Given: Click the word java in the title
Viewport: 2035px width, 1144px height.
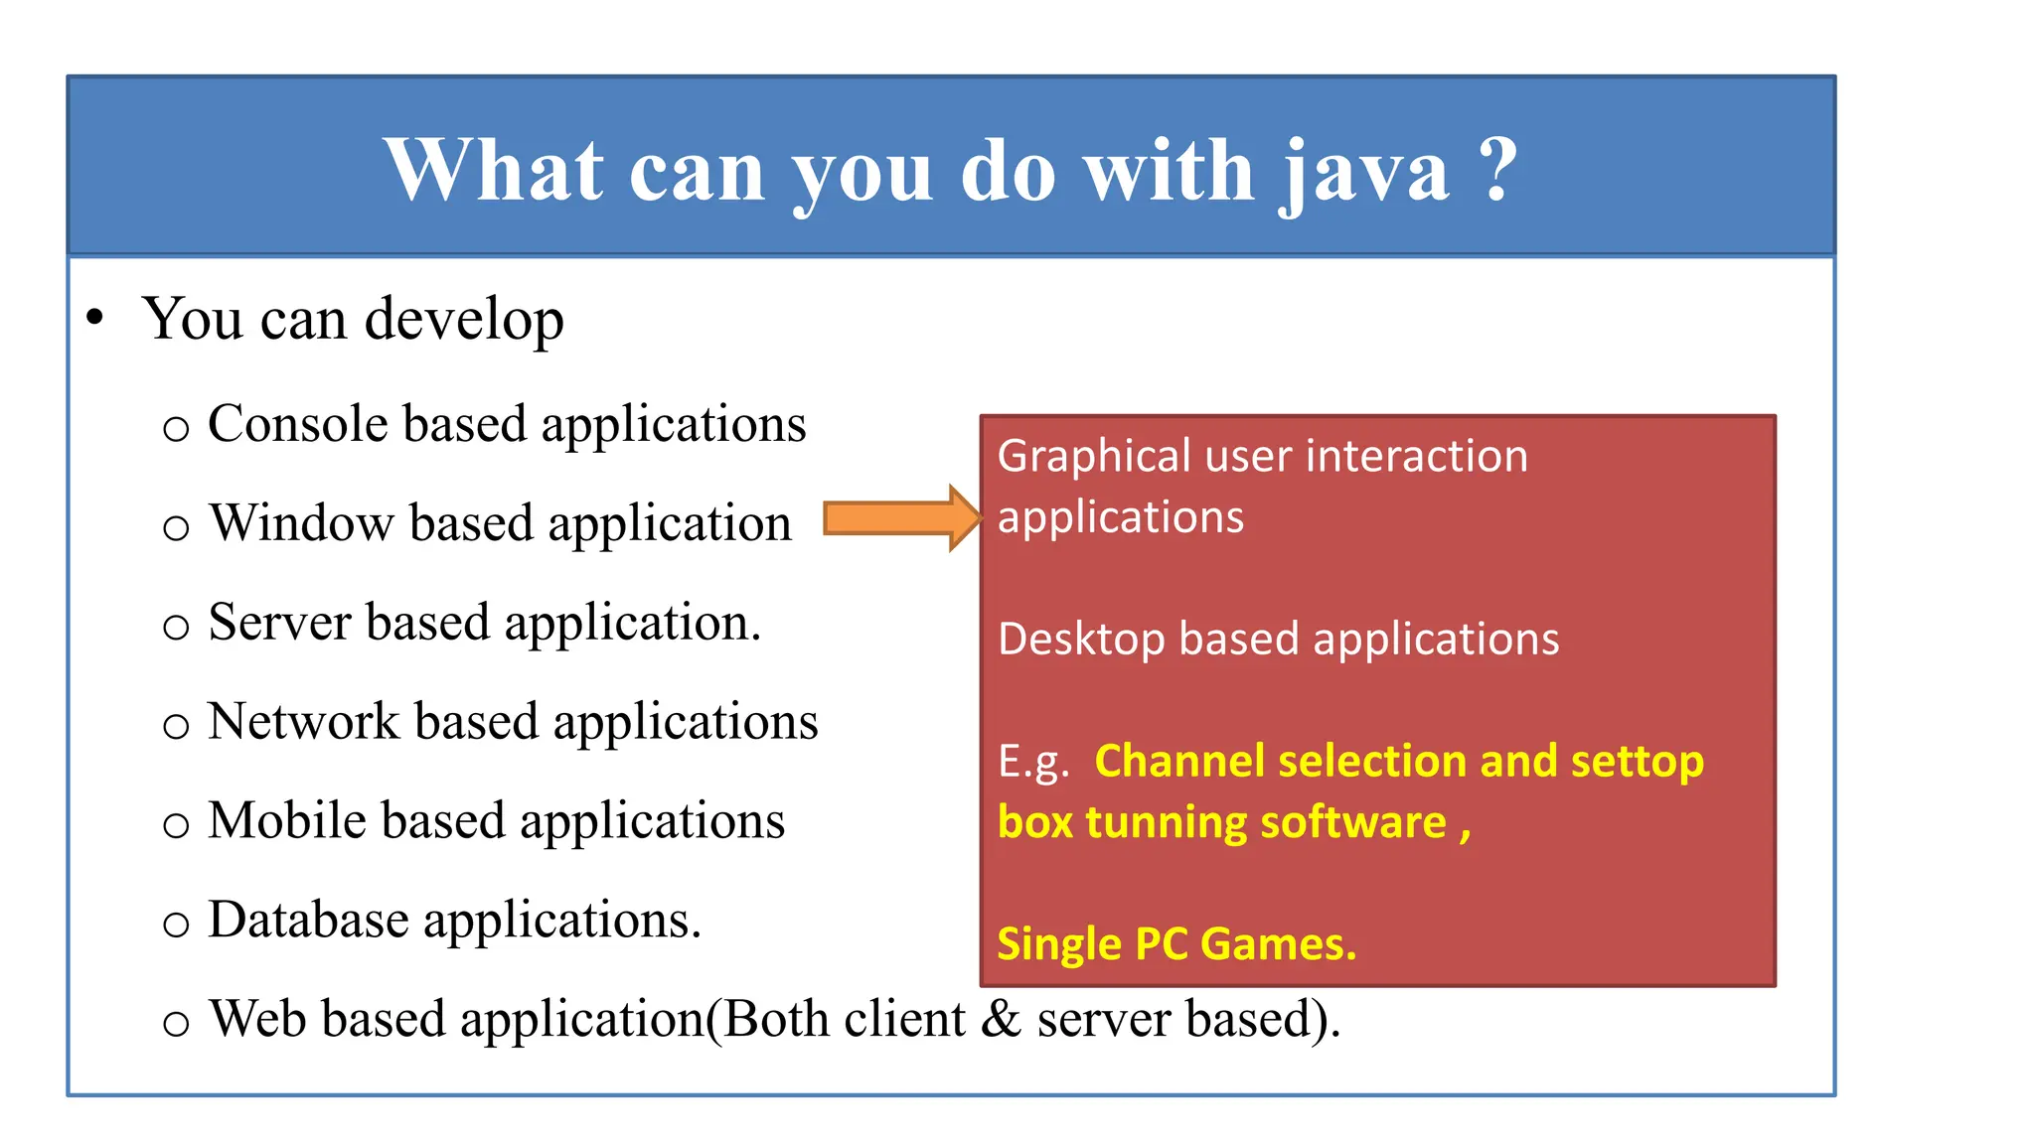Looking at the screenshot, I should coord(1363,172).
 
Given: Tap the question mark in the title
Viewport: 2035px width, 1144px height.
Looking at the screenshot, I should coord(1497,169).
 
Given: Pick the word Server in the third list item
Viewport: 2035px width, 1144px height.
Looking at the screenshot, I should coord(280,623).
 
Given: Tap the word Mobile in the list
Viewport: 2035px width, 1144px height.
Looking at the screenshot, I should coord(287,821).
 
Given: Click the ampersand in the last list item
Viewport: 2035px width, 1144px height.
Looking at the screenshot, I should coord(1000,1020).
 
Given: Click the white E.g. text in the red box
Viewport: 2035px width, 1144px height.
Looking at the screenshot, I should coord(1033,763).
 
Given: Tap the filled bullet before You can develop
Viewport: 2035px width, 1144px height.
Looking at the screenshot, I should coord(94,319).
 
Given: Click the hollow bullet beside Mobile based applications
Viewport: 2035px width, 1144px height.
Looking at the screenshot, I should coord(176,825).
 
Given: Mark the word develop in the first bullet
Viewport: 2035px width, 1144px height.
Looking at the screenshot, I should coord(464,321).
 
